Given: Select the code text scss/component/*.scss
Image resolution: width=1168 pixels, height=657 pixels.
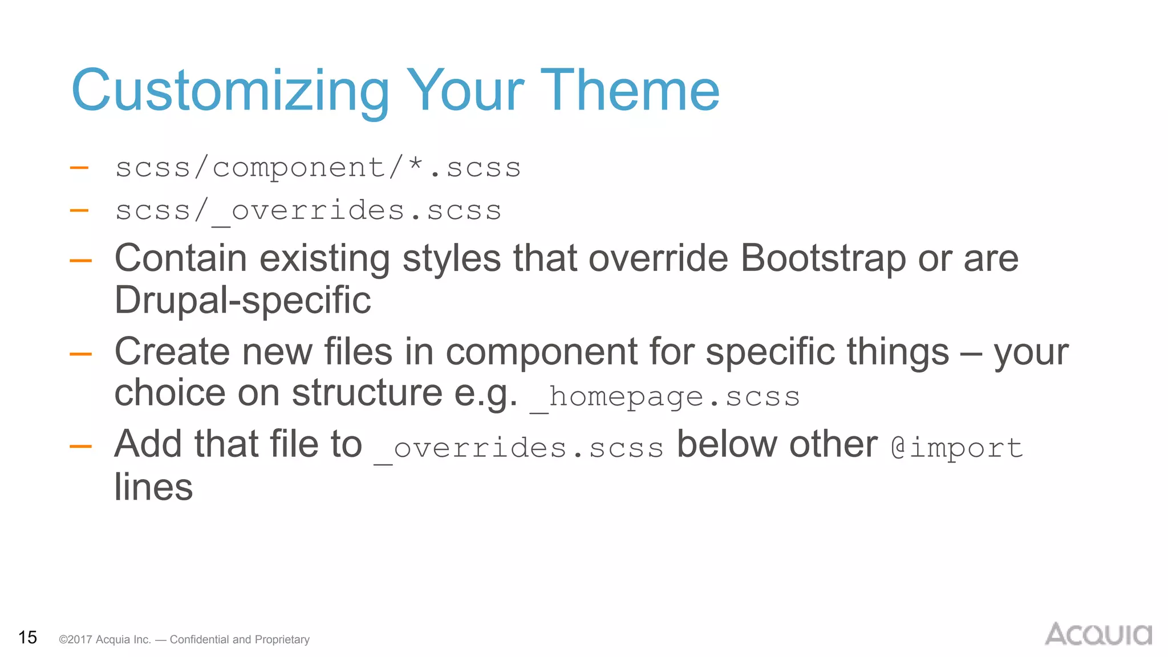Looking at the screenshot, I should point(318,168).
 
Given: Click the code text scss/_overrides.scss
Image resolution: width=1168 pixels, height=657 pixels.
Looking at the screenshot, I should point(308,211).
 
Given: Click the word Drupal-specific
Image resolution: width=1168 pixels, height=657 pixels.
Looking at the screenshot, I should point(242,301).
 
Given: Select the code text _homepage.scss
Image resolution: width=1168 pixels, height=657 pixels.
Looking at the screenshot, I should point(664,397).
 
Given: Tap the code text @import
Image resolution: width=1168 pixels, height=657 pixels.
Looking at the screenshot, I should point(956,448).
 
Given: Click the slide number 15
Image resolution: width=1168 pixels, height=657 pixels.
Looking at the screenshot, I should point(27,638).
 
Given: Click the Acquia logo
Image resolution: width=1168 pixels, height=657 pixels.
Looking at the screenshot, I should point(1098,634).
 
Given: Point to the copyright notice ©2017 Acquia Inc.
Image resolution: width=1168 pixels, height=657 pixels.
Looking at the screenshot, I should point(104,640).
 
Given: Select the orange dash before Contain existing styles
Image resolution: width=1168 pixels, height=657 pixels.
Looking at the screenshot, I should point(80,261).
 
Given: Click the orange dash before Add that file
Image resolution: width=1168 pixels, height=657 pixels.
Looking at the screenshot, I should point(80,447).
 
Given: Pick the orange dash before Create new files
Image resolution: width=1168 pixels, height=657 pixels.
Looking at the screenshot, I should point(80,354).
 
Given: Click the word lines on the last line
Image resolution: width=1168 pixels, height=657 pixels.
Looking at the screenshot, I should point(153,487).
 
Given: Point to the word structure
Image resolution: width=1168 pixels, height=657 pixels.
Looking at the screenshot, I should point(367,394).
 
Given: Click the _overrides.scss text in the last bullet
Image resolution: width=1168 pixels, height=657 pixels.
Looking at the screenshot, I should point(518,448).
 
